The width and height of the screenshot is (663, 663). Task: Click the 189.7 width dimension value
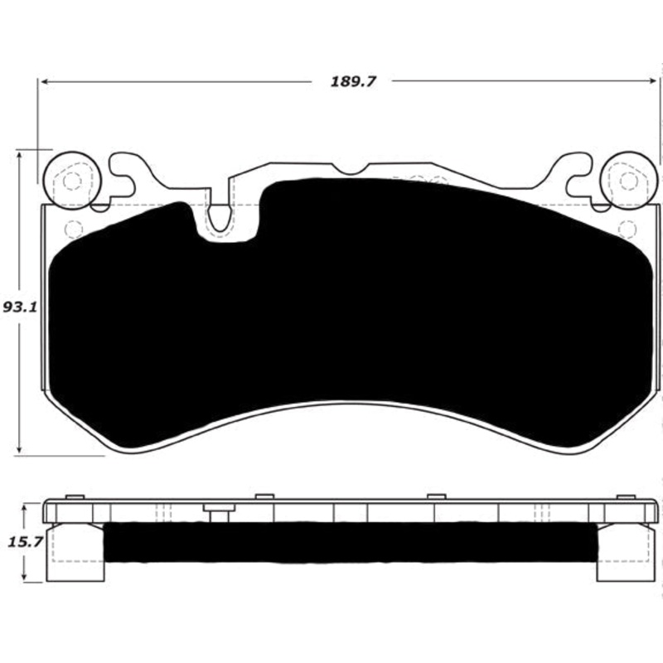click(x=348, y=82)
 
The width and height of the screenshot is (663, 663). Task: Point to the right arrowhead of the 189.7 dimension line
click(x=655, y=82)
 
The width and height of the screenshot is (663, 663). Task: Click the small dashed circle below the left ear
click(x=72, y=229)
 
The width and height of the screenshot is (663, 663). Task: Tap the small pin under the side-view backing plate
click(x=219, y=515)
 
